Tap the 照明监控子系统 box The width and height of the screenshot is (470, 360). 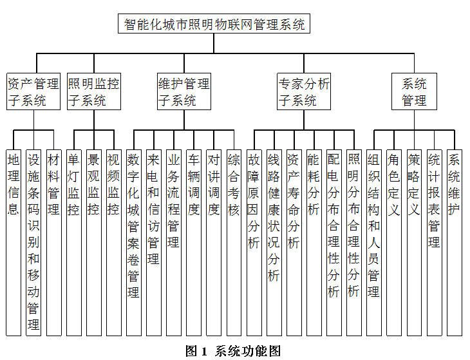(x=93, y=91)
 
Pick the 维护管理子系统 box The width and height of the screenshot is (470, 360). (x=183, y=91)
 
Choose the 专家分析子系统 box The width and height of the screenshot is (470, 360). (x=304, y=91)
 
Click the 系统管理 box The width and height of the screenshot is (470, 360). (x=414, y=91)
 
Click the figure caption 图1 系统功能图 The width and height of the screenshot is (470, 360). (x=233, y=351)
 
